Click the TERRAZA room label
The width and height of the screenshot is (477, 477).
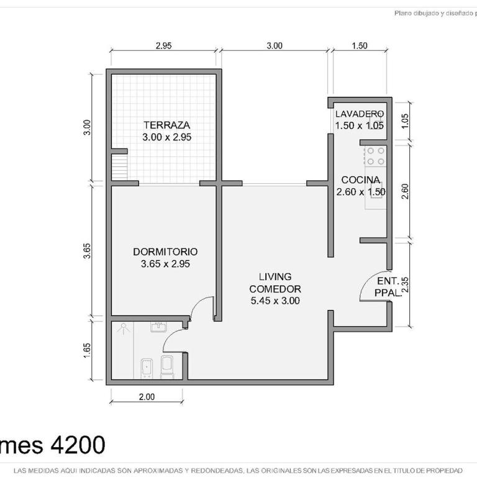pos(165,124)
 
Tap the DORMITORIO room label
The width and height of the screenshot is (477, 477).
pos(165,252)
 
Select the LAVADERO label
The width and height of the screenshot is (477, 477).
pos(360,114)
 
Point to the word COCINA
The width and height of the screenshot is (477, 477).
pos(360,180)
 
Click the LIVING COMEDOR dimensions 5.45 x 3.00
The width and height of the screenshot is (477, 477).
pos(275,301)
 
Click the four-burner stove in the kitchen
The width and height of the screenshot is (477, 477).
pos(375,156)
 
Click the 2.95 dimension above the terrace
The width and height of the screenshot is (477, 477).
pos(164,45)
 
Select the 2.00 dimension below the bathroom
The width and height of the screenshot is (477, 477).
pos(147,397)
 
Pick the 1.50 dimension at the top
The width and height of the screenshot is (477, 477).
pos(360,45)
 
